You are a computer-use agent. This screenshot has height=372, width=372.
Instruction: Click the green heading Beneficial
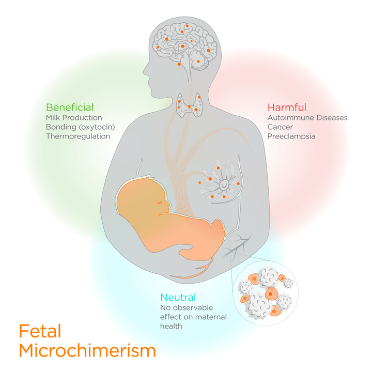70,107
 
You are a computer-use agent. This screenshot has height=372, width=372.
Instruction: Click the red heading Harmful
287,107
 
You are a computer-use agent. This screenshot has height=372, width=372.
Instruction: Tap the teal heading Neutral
178,298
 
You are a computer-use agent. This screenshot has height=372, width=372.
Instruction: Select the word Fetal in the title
40,331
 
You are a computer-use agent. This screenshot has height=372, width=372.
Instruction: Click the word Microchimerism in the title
87,351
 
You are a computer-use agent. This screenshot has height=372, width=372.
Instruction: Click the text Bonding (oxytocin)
80,127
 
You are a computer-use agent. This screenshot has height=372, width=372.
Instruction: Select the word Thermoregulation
78,136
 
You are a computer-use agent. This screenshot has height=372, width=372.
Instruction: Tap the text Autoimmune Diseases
307,118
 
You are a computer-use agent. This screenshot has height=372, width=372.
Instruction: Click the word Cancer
280,127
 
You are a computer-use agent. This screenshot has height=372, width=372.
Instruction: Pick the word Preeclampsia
291,136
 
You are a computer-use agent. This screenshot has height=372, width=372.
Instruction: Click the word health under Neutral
171,327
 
